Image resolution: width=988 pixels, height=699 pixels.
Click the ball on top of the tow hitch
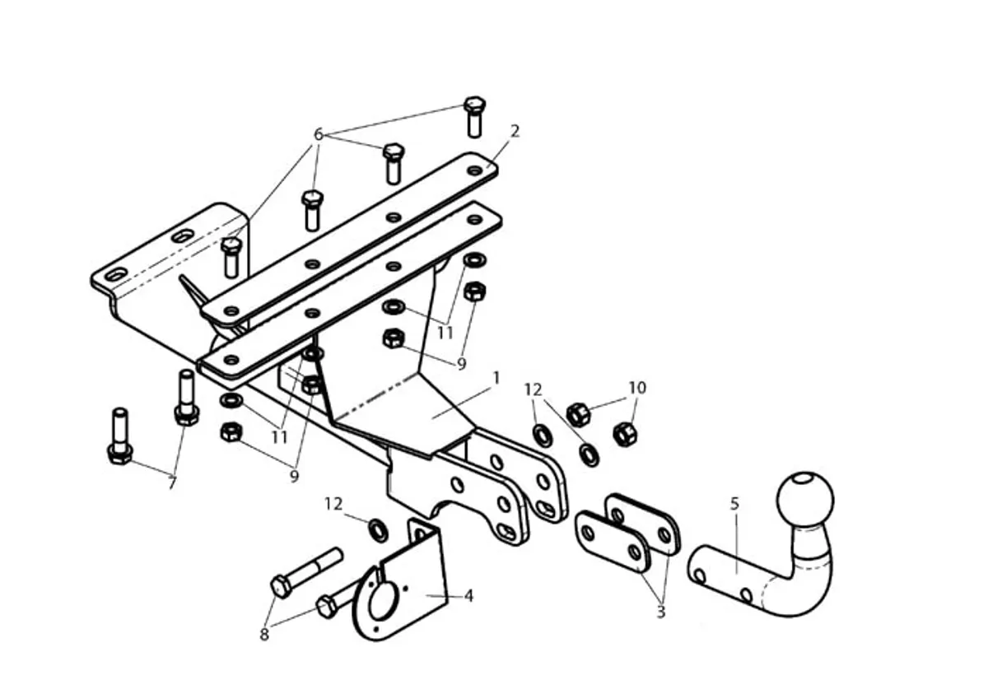[x=805, y=499]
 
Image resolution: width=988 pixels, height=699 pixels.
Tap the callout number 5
[x=734, y=504]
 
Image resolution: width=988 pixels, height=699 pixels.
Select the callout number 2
[x=515, y=131]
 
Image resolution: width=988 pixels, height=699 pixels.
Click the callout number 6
[x=319, y=134]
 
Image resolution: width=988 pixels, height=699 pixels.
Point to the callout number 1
[x=496, y=378]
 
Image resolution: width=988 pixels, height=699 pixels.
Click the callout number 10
[x=637, y=388]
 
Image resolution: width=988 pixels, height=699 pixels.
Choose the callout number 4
[x=468, y=596]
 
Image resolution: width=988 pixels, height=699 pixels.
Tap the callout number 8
[x=264, y=635]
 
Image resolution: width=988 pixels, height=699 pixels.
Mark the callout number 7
[x=172, y=482]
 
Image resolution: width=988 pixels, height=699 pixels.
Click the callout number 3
[x=660, y=612]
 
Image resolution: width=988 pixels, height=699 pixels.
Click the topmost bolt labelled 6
[x=474, y=116]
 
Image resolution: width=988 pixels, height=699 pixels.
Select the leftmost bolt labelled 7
[x=119, y=436]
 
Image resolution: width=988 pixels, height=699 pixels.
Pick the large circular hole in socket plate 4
[x=380, y=601]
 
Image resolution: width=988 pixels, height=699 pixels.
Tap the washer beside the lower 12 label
[x=378, y=530]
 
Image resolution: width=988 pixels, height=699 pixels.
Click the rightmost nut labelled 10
[x=625, y=434]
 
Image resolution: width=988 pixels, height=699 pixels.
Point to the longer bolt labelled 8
[x=306, y=572]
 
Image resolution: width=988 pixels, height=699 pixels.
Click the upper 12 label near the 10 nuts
[x=533, y=389]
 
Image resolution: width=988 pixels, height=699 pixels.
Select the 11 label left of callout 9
[x=279, y=437]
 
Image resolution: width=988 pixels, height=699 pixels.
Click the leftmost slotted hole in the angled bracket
[x=116, y=275]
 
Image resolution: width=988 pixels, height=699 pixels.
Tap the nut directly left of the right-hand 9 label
[x=394, y=338]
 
